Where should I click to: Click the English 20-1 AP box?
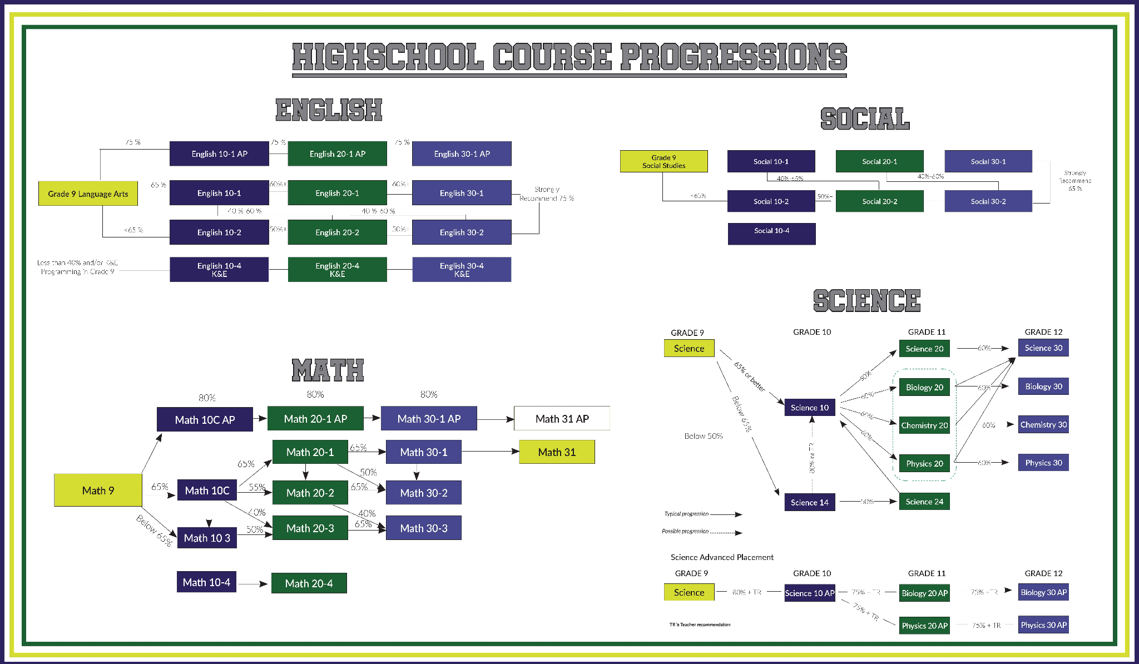(337, 153)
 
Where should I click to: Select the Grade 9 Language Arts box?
(88, 194)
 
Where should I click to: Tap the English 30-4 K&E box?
(462, 270)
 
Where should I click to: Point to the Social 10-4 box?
(771, 234)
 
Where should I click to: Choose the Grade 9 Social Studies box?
(663, 161)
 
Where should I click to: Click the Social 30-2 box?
(988, 201)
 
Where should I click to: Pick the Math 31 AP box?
(562, 419)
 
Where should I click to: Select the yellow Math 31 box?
(557, 452)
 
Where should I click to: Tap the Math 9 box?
(98, 490)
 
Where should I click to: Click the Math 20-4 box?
(309, 583)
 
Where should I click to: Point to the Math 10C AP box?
(205, 420)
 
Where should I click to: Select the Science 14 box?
(809, 502)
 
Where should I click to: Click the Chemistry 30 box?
(1043, 425)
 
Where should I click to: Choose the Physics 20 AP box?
(924, 626)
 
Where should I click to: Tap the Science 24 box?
(924, 502)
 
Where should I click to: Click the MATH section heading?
(328, 370)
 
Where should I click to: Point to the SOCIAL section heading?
(865, 118)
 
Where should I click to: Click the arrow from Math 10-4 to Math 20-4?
(254, 584)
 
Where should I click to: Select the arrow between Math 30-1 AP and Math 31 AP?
(495, 419)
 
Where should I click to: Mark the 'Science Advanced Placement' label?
(722, 557)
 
